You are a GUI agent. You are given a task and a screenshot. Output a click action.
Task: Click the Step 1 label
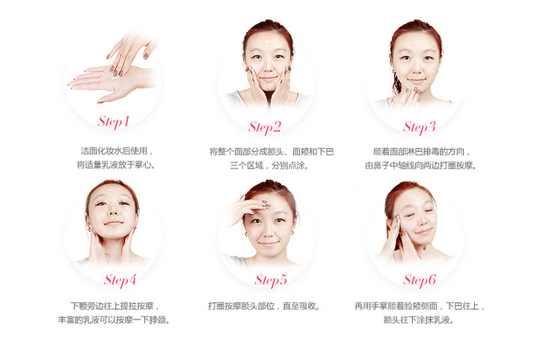[114, 122]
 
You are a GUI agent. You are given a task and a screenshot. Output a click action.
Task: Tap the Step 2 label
[265, 127]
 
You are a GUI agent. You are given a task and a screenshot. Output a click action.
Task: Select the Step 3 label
[420, 127]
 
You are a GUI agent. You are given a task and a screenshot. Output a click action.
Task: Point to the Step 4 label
[120, 281]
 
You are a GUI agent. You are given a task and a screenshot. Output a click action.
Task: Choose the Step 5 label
[271, 281]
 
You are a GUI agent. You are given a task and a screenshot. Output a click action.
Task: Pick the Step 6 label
[420, 281]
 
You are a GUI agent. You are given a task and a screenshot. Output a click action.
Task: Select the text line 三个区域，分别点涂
[269, 165]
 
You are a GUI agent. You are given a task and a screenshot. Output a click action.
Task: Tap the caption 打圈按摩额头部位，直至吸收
[263, 306]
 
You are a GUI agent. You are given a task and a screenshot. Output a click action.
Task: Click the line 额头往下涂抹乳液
[419, 320]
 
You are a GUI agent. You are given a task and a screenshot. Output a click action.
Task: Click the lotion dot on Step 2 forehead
[268, 42]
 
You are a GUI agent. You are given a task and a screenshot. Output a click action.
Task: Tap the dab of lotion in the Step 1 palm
[115, 77]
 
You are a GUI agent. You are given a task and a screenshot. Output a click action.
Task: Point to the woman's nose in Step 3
[417, 69]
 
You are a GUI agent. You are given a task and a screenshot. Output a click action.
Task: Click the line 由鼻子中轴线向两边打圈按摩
[421, 165]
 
